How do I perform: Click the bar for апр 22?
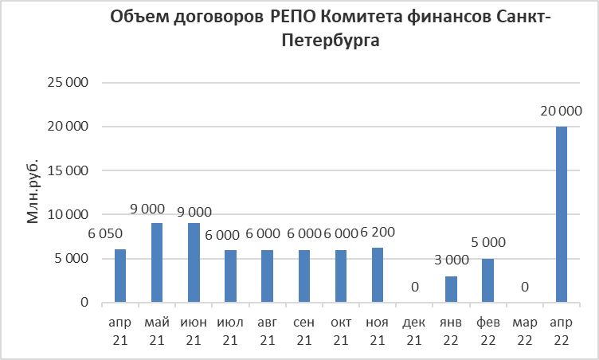[x=562, y=214]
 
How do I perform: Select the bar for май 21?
[x=157, y=263]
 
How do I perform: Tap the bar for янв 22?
[x=452, y=289]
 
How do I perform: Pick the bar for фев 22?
[x=488, y=280]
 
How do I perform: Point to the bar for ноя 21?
[x=378, y=275]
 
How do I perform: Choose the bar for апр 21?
[x=120, y=276]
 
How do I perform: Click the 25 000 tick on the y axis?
[x=67, y=83]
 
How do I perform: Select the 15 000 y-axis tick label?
[x=67, y=170]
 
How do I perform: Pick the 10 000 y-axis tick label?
[x=67, y=214]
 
